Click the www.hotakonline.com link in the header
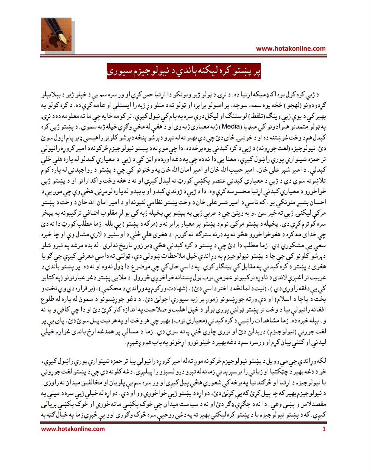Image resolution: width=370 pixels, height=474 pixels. click(291, 48)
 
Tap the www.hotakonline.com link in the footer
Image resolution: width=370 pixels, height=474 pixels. click(73, 429)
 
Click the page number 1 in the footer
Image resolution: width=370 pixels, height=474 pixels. click(324, 429)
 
